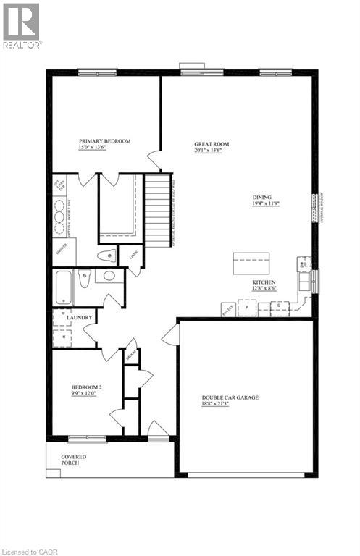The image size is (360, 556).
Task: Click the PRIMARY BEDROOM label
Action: pos(105,141)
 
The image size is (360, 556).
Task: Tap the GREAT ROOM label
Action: pos(212,144)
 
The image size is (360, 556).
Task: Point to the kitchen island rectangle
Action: pos(251,263)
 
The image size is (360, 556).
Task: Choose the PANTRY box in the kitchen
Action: pos(228,309)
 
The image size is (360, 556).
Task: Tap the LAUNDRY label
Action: pos(79,317)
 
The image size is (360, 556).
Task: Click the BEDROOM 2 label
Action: pos(86,388)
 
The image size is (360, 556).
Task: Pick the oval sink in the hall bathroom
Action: pos(109,276)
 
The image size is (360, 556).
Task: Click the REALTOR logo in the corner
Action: pos(22,25)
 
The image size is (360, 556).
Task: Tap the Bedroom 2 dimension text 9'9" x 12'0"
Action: pos(86,395)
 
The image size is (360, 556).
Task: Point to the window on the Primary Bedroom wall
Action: pos(97,71)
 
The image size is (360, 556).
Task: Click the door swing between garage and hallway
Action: pos(169,334)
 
